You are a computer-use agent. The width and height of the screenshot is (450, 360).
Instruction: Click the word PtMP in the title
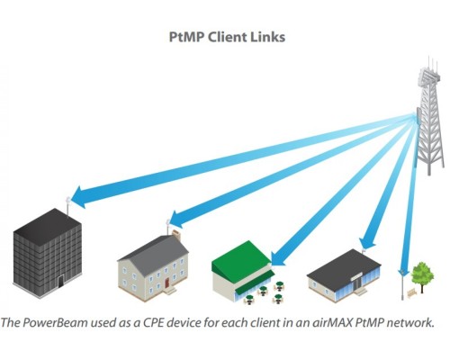coord(186,37)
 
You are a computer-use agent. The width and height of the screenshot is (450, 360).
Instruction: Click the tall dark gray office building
coord(48,253)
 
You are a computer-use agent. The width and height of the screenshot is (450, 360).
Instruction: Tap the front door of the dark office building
coord(61,282)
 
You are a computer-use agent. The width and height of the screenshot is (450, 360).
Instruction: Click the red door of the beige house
coord(166,283)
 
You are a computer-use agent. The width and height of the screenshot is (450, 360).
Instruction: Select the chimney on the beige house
coord(176,235)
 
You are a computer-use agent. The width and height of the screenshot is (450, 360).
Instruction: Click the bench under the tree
coord(412,292)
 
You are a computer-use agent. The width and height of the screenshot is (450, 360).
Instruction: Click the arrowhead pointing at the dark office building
coord(80,197)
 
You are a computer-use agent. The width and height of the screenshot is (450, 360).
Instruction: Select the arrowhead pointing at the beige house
coord(178,219)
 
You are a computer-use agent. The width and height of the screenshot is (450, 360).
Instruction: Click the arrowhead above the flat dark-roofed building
coord(367,242)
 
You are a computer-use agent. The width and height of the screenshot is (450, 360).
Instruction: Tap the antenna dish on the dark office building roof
coord(68,200)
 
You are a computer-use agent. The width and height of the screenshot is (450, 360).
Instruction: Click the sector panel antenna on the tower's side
coord(419,116)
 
